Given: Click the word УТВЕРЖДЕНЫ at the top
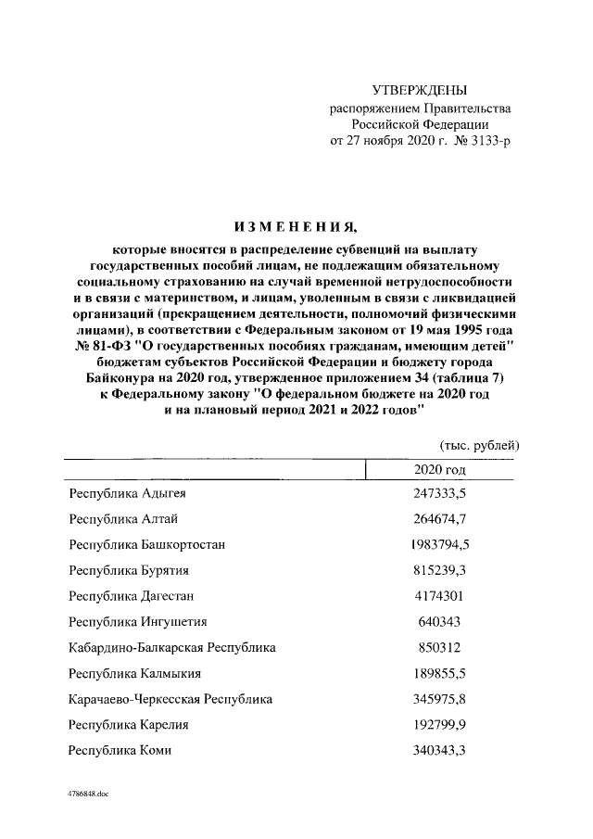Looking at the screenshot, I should (419, 91).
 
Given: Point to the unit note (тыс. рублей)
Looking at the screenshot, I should (479, 445).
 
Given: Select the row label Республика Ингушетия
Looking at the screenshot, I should (138, 621).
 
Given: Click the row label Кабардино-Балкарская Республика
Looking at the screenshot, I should (172, 647).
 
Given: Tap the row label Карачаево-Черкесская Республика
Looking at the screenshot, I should (171, 699).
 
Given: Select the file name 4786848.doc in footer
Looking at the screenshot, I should (88, 795).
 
